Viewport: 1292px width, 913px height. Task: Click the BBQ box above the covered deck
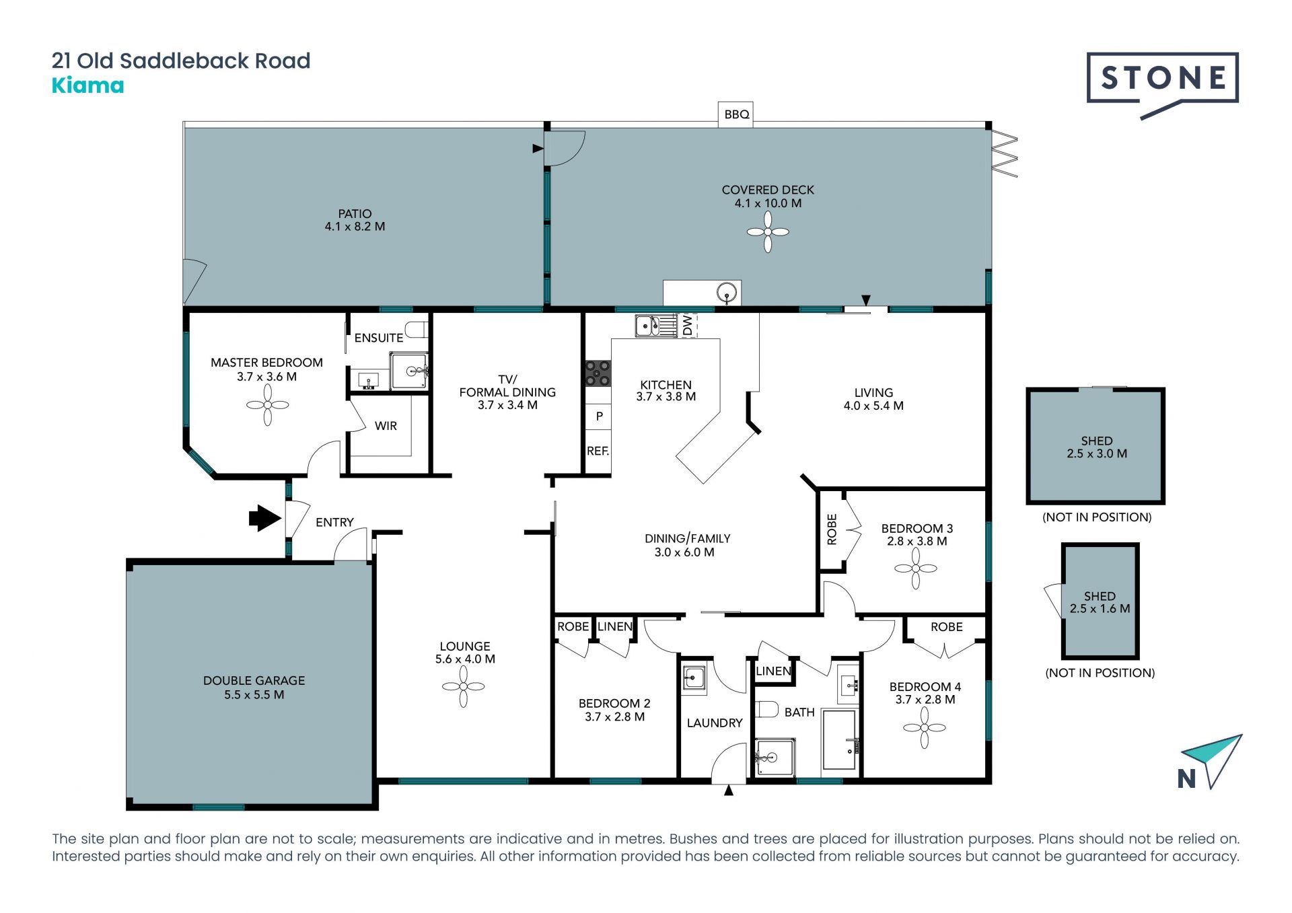(x=736, y=114)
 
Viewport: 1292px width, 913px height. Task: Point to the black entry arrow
(x=264, y=518)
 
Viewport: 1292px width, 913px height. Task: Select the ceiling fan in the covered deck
(x=768, y=232)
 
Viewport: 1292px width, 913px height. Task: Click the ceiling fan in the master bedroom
(x=267, y=405)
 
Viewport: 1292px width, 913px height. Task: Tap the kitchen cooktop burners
(x=598, y=373)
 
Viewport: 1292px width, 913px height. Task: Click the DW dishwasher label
(x=687, y=326)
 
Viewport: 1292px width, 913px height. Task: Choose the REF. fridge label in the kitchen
(x=598, y=451)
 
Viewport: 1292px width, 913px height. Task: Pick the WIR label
(x=386, y=426)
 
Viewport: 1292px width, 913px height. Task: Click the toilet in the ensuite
(x=417, y=330)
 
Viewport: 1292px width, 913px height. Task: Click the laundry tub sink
(x=693, y=678)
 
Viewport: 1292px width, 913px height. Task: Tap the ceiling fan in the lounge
(x=464, y=687)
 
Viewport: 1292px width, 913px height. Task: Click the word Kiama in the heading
(x=88, y=85)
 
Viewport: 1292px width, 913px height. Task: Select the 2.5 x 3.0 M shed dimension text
(x=1097, y=453)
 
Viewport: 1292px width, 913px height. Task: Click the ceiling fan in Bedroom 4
(x=925, y=728)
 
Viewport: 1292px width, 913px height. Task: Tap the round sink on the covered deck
(x=727, y=293)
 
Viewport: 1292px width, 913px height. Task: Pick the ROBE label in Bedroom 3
(x=832, y=529)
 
